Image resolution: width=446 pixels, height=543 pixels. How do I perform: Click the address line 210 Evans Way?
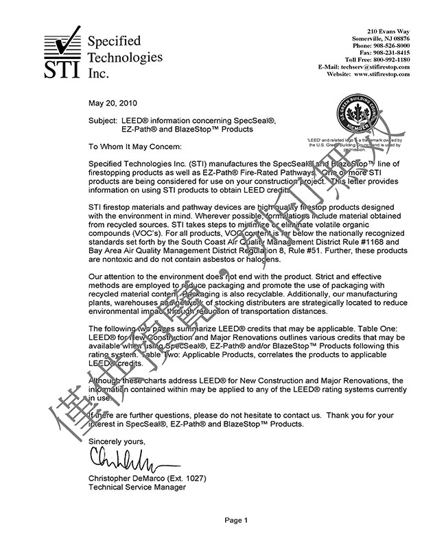point(388,32)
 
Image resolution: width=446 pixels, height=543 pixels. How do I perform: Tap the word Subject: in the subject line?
point(103,120)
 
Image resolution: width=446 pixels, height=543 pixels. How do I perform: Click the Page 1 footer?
point(235,521)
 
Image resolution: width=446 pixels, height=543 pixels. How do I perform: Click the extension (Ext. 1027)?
point(191,477)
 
